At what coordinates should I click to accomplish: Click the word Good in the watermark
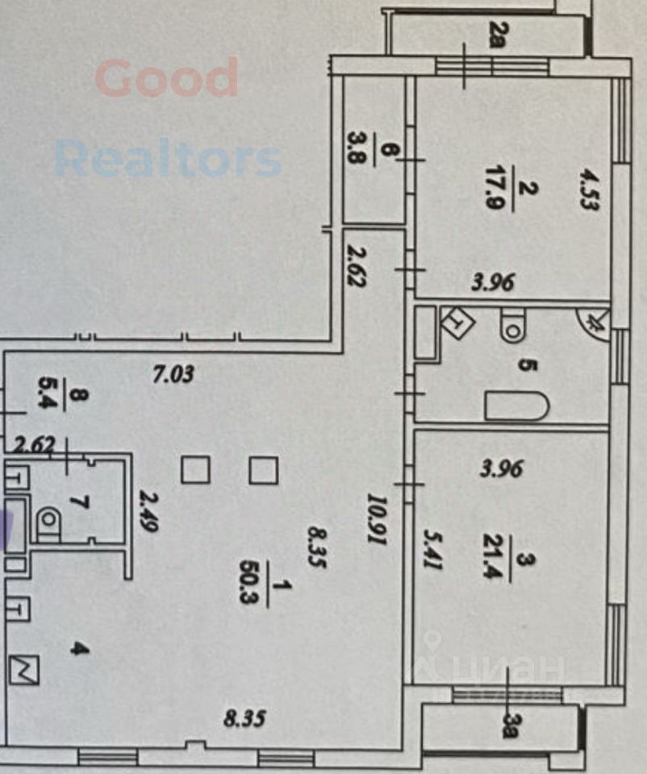tap(167, 79)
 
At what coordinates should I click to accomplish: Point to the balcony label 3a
tap(508, 723)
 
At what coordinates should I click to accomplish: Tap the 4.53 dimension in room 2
tap(586, 190)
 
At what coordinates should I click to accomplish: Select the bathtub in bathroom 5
tap(517, 406)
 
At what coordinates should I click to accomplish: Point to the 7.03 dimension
tap(174, 373)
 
